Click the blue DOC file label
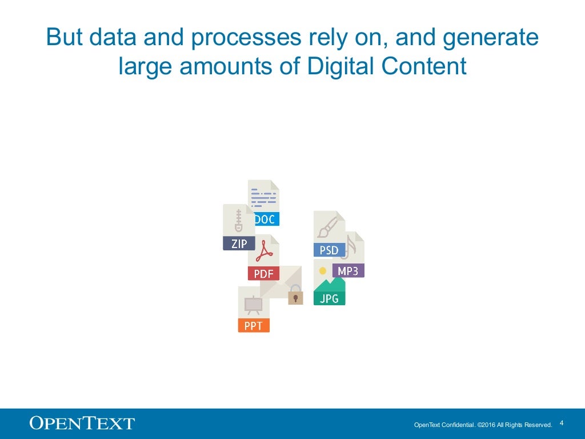(264, 219)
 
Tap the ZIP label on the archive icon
(239, 244)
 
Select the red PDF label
(263, 274)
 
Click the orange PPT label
(253, 326)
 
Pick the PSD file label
(329, 250)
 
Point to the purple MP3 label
(348, 271)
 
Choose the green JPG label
(329, 298)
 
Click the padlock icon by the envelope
(295, 296)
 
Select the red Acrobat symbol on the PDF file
(263, 252)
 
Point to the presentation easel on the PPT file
(253, 305)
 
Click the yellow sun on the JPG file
(323, 270)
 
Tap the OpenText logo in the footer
(82, 424)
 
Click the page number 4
(562, 423)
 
